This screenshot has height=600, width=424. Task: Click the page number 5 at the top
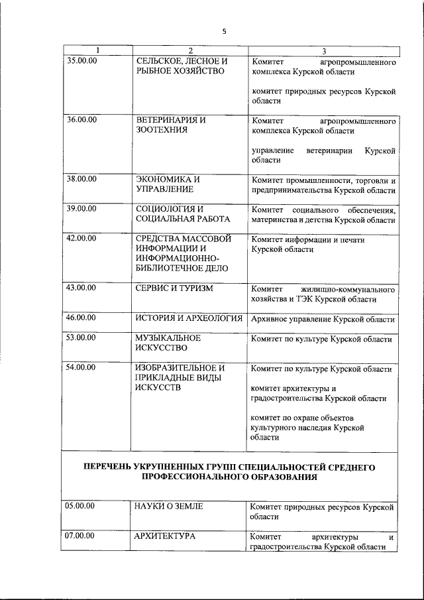225,31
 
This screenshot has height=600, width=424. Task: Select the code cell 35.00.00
81,60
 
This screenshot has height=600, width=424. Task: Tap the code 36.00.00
81,120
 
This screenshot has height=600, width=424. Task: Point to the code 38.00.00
81,179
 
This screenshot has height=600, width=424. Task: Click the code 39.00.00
81,209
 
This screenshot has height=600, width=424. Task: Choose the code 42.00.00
81,237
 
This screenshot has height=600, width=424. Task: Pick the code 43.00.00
81,288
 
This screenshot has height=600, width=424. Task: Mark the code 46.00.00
81,318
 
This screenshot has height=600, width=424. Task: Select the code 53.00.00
81,337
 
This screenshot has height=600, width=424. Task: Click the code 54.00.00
81,367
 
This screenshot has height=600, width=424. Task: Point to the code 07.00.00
81,535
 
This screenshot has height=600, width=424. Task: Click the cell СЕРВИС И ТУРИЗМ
174,289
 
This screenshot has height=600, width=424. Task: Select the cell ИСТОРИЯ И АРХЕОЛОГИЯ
189,319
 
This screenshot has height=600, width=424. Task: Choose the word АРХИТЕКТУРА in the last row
164,536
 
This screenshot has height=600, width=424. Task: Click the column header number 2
189,51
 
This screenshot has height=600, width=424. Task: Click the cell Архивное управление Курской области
323,320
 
